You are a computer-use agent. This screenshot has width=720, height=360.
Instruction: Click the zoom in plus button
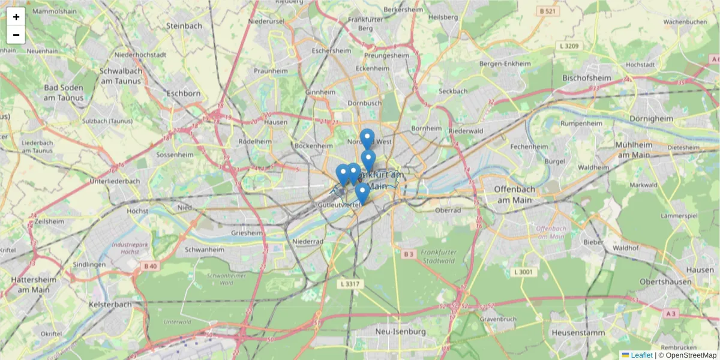(x=16, y=17)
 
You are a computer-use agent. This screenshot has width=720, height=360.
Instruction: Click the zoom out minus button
(x=16, y=35)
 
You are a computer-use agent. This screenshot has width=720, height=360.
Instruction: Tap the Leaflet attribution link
(x=641, y=355)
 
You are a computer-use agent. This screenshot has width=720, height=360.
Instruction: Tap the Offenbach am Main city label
(x=514, y=194)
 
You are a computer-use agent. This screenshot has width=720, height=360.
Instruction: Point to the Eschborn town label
(x=183, y=93)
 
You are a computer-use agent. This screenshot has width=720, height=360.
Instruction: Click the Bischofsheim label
(x=586, y=78)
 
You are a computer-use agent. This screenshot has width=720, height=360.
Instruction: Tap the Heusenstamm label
(x=575, y=331)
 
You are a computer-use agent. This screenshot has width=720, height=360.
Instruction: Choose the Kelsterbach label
(x=110, y=304)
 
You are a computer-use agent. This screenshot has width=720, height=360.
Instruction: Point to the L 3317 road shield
(x=349, y=284)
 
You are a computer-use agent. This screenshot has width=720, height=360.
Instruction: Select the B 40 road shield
(x=150, y=266)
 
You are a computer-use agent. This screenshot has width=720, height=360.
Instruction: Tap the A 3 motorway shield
(x=670, y=313)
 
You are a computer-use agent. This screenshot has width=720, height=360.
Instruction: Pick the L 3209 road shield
(x=569, y=46)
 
